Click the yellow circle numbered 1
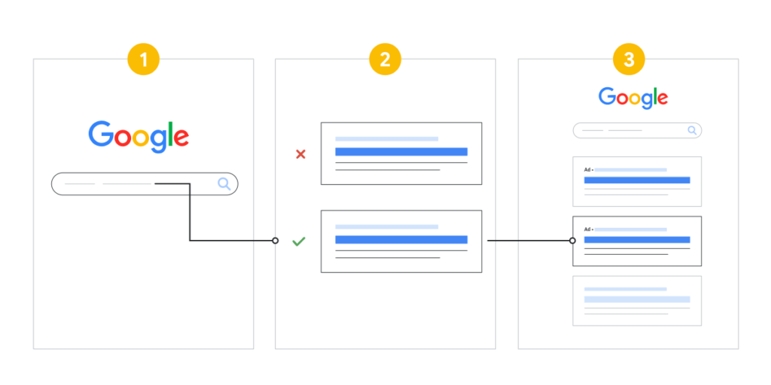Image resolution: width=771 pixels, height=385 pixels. click(144, 60)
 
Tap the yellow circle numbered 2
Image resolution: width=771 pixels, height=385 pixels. click(385, 60)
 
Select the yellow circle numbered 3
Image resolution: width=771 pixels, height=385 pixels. click(629, 60)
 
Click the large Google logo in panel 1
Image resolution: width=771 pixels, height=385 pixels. click(139, 136)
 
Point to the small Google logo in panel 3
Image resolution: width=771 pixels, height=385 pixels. click(633, 99)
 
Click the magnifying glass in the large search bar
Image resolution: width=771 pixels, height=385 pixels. click(224, 184)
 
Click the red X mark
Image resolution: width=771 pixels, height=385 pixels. click(300, 154)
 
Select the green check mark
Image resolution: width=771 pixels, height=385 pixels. click(299, 241)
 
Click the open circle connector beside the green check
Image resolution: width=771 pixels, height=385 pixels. click(276, 241)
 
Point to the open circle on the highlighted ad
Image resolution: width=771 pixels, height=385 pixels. click(572, 241)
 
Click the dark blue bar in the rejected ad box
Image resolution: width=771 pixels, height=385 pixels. click(401, 152)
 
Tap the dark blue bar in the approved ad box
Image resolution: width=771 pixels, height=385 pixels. click(401, 240)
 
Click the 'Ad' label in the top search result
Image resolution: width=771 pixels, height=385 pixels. click(587, 170)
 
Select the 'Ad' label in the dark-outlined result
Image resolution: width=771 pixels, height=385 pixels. click(587, 229)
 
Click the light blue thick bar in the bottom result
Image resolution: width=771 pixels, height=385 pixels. click(637, 299)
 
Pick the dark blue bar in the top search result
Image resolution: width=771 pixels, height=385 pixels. click(637, 180)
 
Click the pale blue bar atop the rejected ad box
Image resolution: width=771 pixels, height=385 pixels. click(386, 139)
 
